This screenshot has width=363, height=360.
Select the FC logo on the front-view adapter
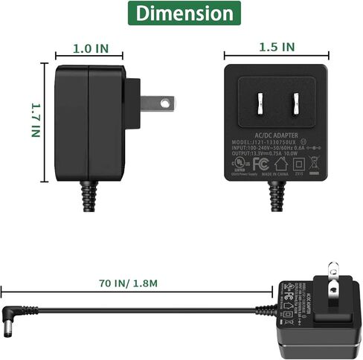tap(260, 163)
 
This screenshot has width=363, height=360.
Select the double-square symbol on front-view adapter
tap(299, 164)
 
